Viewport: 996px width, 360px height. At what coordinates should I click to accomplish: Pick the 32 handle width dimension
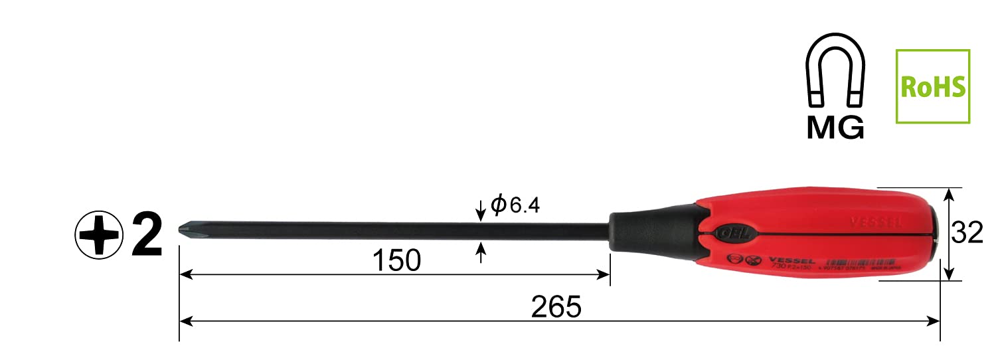coord(967,233)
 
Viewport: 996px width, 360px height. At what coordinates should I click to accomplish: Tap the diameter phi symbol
coord(499,205)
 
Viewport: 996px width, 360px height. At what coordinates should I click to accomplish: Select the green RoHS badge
coord(932,86)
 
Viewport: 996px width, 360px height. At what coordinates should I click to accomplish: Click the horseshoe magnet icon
coord(835,75)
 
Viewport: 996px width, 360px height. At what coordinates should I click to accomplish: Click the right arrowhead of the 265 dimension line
coord(935,321)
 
